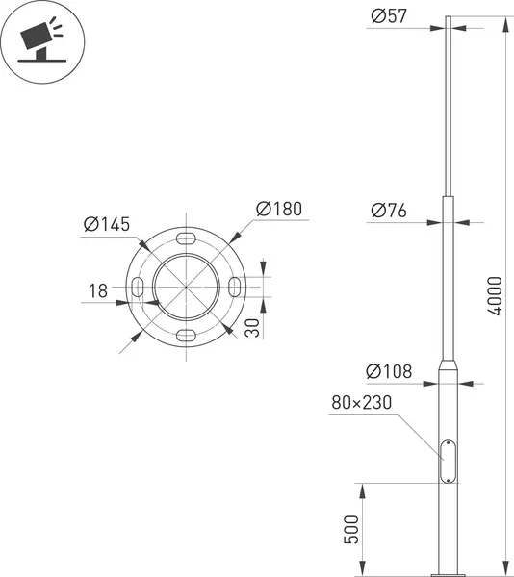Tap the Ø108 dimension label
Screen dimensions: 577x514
point(388,371)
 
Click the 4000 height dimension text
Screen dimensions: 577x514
point(494,296)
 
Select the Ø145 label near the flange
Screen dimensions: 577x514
point(107,224)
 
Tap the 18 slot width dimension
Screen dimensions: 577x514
point(97,291)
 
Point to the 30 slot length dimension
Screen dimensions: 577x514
point(251,327)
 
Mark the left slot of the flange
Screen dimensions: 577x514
point(140,286)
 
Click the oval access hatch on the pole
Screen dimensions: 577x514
point(448,461)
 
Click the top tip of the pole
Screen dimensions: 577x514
point(448,18)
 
